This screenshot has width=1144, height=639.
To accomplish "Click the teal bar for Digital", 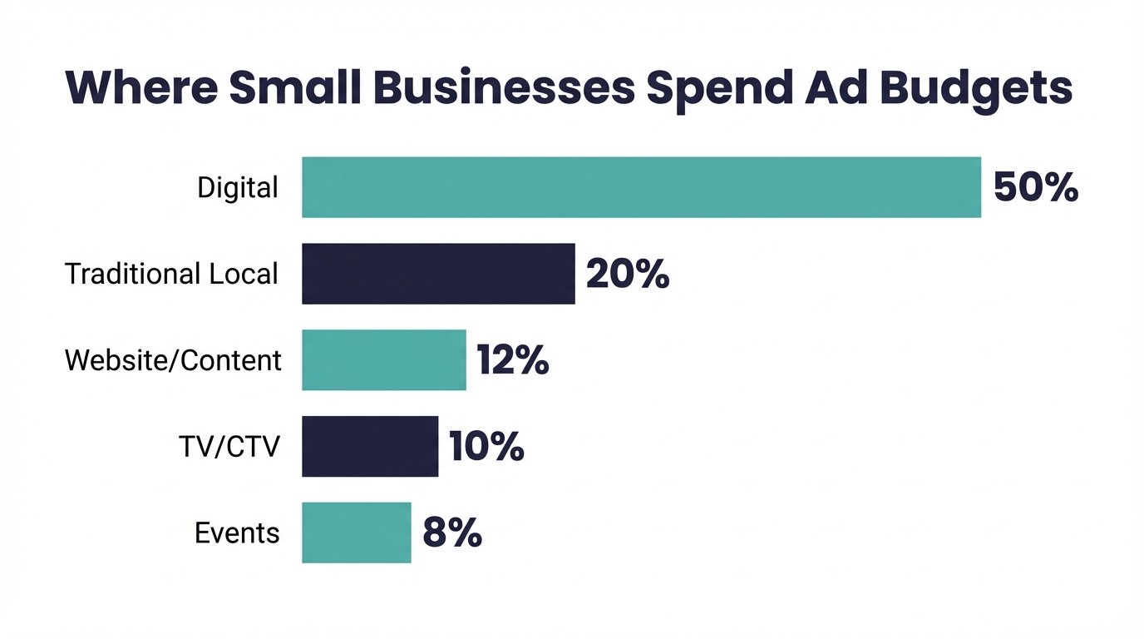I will click(x=641, y=187).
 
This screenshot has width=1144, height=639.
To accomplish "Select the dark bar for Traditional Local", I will click(x=438, y=274).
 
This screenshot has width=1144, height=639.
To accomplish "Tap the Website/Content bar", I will click(x=383, y=360).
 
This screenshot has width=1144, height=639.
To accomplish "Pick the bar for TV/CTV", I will click(x=370, y=447).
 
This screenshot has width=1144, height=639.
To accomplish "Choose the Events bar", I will click(x=356, y=533).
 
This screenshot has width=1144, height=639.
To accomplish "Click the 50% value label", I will click(x=1035, y=188).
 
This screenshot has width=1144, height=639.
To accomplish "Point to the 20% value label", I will click(x=627, y=275).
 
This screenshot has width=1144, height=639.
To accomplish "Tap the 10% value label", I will click(x=486, y=448).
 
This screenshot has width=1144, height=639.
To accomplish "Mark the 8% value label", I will click(x=451, y=533).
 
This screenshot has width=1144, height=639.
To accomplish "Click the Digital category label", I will click(x=238, y=188).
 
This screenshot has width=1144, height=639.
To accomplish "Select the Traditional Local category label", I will click(x=171, y=274).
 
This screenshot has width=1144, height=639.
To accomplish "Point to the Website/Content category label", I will click(x=173, y=360).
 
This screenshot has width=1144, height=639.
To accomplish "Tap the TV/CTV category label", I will click(x=229, y=448).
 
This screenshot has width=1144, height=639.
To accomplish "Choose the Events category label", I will click(x=237, y=533).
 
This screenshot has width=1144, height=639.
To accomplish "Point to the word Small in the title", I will click(x=295, y=87).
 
